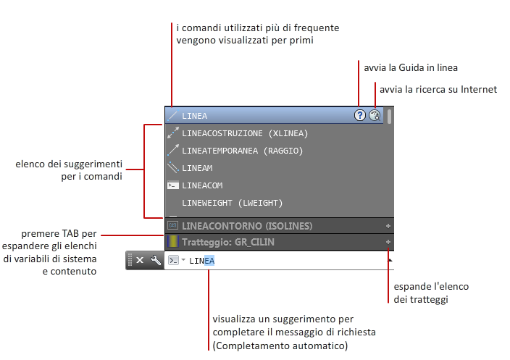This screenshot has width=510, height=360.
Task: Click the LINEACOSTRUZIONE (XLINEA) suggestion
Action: coord(245,133)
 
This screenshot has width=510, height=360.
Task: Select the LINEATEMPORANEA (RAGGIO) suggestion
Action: coord(242,151)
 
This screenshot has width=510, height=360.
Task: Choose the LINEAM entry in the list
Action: coord(197,168)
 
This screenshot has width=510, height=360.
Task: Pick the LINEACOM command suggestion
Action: coord(202,185)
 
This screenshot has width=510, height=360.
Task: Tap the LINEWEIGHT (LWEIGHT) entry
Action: coord(232,203)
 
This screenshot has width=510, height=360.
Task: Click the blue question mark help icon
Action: coord(359,115)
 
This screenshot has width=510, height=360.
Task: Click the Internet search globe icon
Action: coord(375,115)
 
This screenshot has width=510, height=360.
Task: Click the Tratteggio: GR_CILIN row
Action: coord(227,242)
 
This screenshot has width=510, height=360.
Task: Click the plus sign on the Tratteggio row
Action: coord(388,242)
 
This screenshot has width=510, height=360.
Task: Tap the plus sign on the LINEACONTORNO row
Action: coord(388,225)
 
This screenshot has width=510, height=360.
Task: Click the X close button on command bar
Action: coord(140,260)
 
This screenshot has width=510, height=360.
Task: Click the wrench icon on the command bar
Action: coord(155,260)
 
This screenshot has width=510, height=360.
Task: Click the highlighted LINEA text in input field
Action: coord(202,260)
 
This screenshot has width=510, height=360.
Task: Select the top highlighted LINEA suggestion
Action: coord(194,116)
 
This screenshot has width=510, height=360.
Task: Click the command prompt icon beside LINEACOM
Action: coord(172,185)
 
